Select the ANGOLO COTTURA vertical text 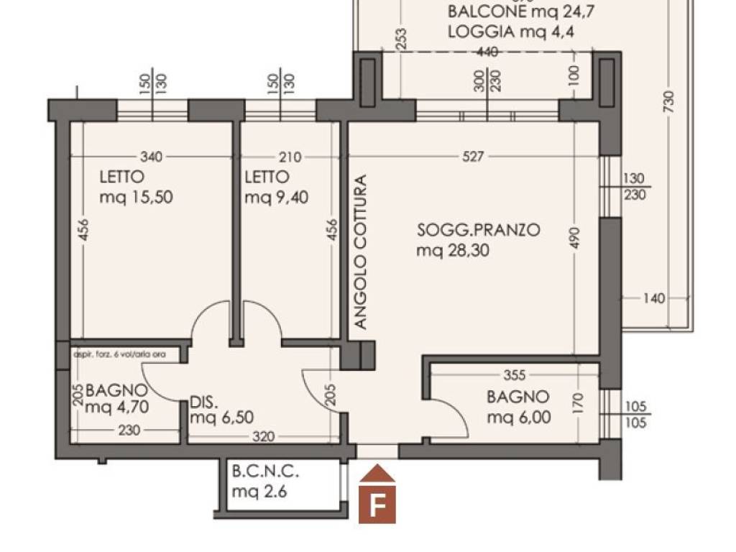[x=361, y=252]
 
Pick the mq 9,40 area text [x=277, y=197]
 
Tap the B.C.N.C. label [x=265, y=473]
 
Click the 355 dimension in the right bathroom [x=515, y=374]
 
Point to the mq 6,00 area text [x=519, y=417]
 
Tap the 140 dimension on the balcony [x=654, y=298]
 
